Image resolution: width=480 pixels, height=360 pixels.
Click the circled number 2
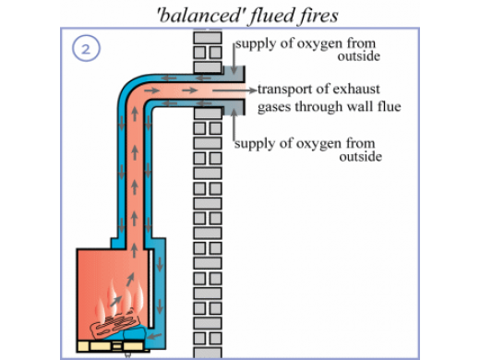[x=86, y=48]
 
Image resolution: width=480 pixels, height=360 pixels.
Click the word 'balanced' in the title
[x=199, y=16]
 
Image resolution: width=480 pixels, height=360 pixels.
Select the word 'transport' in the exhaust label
[x=284, y=90]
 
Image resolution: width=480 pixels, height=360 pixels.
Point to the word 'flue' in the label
[x=390, y=106]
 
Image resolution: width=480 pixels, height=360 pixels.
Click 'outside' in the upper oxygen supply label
[x=359, y=56]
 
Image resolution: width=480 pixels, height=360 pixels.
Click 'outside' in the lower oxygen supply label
[x=361, y=157]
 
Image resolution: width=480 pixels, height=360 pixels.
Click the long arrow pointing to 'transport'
[x=234, y=90]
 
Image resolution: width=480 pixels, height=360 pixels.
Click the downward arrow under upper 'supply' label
[x=234, y=59]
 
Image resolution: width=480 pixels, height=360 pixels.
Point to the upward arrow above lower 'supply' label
[x=234, y=125]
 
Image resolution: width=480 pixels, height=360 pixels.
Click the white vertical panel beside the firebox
[x=150, y=289]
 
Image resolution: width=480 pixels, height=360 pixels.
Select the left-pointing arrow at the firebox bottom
[x=154, y=336]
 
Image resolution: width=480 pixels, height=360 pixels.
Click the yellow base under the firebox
[x=110, y=346]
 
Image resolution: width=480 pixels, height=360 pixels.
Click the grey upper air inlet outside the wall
[x=234, y=74]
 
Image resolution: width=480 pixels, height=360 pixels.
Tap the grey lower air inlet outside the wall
[x=234, y=107]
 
